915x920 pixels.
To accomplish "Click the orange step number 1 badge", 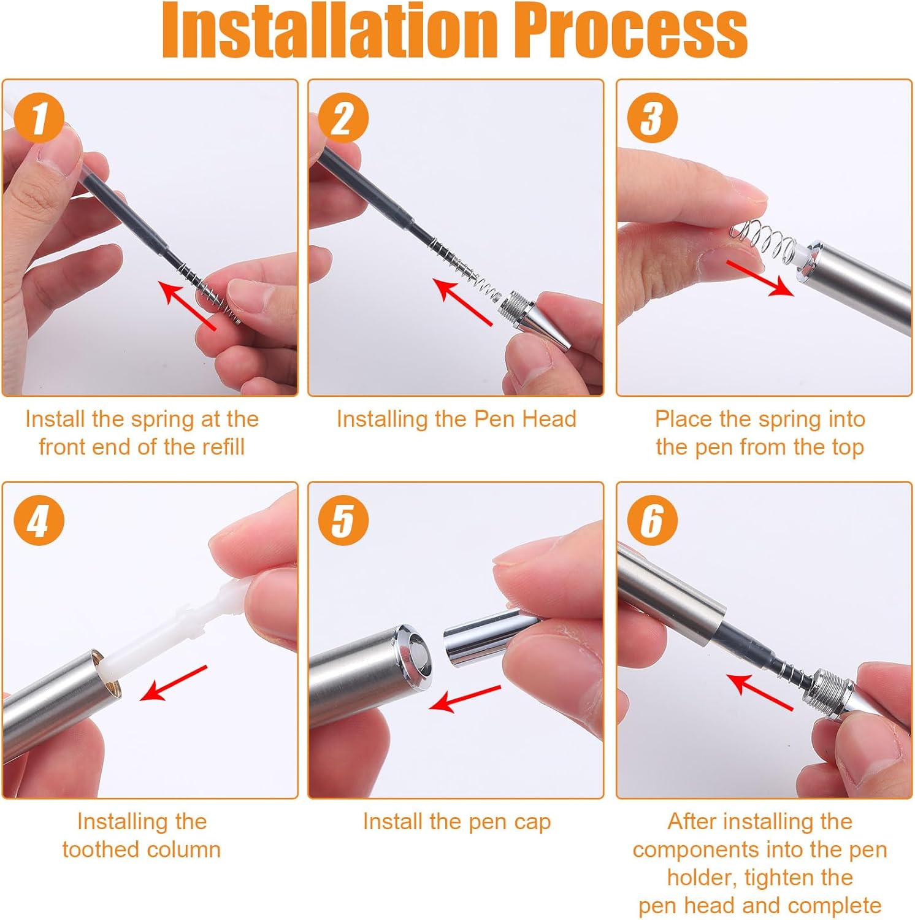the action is [x=39, y=117].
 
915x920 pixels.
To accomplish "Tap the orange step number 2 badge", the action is [x=343, y=117].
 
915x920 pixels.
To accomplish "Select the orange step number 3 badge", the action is [x=653, y=117].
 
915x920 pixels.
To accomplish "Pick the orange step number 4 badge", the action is [x=39, y=520].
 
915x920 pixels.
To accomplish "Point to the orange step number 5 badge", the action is [x=343, y=520].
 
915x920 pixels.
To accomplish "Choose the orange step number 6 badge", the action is [x=653, y=520].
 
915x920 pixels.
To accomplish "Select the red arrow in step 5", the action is [x=465, y=699].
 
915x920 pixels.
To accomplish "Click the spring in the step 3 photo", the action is [x=762, y=242].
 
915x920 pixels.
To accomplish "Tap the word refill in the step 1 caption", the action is [x=217, y=447].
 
